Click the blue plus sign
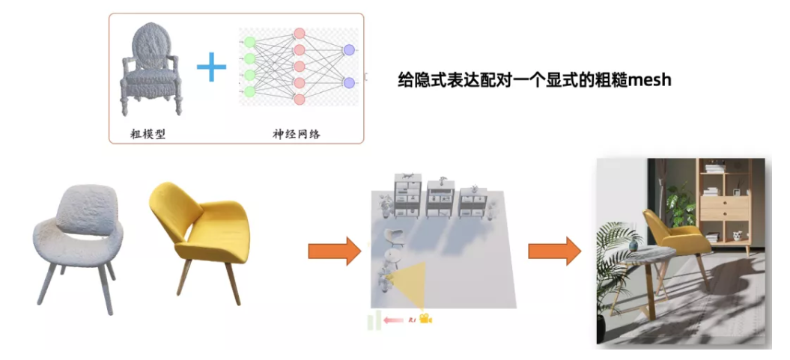pyautogui.click(x=211, y=68)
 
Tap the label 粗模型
pyautogui.click(x=147, y=135)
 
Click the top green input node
pyautogui.click(x=249, y=43)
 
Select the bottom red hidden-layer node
pyautogui.click(x=299, y=100)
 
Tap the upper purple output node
pyautogui.click(x=348, y=50)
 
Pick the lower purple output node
pyautogui.click(x=348, y=82)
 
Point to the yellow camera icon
pyautogui.click(x=426, y=320)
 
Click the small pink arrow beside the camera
pyautogui.click(x=393, y=320)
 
